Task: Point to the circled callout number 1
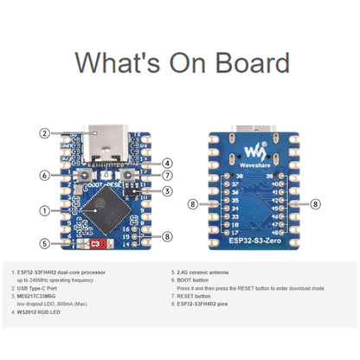click(43, 210)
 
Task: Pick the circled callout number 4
click(166, 162)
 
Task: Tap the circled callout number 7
click(166, 176)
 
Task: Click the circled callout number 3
click(166, 190)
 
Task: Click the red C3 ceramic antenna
click(97, 244)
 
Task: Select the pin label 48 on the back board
click(276, 232)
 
